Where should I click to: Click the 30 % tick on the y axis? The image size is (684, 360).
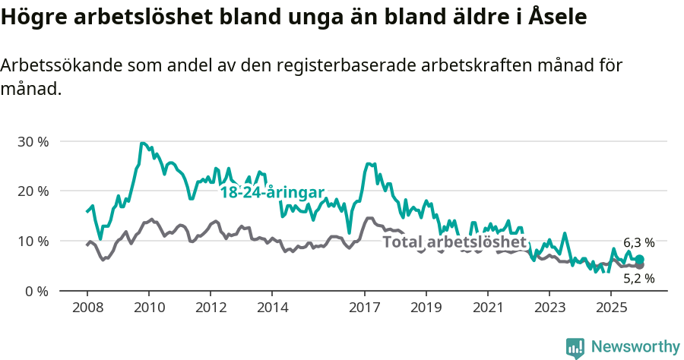33,141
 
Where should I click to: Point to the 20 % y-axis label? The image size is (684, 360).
33,191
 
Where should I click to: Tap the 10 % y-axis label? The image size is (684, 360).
33,241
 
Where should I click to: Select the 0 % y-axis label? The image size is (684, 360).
36,291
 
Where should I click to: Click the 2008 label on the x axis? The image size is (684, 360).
87,308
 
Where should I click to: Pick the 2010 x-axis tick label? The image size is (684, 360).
148,308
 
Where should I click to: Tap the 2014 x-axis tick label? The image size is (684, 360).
271,308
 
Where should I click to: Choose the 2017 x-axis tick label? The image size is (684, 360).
364,308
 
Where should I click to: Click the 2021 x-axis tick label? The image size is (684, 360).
487,308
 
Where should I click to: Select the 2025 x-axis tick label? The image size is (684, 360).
610,308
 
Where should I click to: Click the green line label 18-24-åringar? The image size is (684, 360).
272,192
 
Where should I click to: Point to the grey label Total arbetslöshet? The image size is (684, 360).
454,242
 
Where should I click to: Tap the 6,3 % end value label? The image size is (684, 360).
638,243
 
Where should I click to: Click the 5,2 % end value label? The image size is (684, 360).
638,279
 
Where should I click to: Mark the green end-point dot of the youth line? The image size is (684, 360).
639,260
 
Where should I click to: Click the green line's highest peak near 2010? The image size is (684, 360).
142,143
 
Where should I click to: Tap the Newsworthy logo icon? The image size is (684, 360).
575,348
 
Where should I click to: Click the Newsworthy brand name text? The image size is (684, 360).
635,347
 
